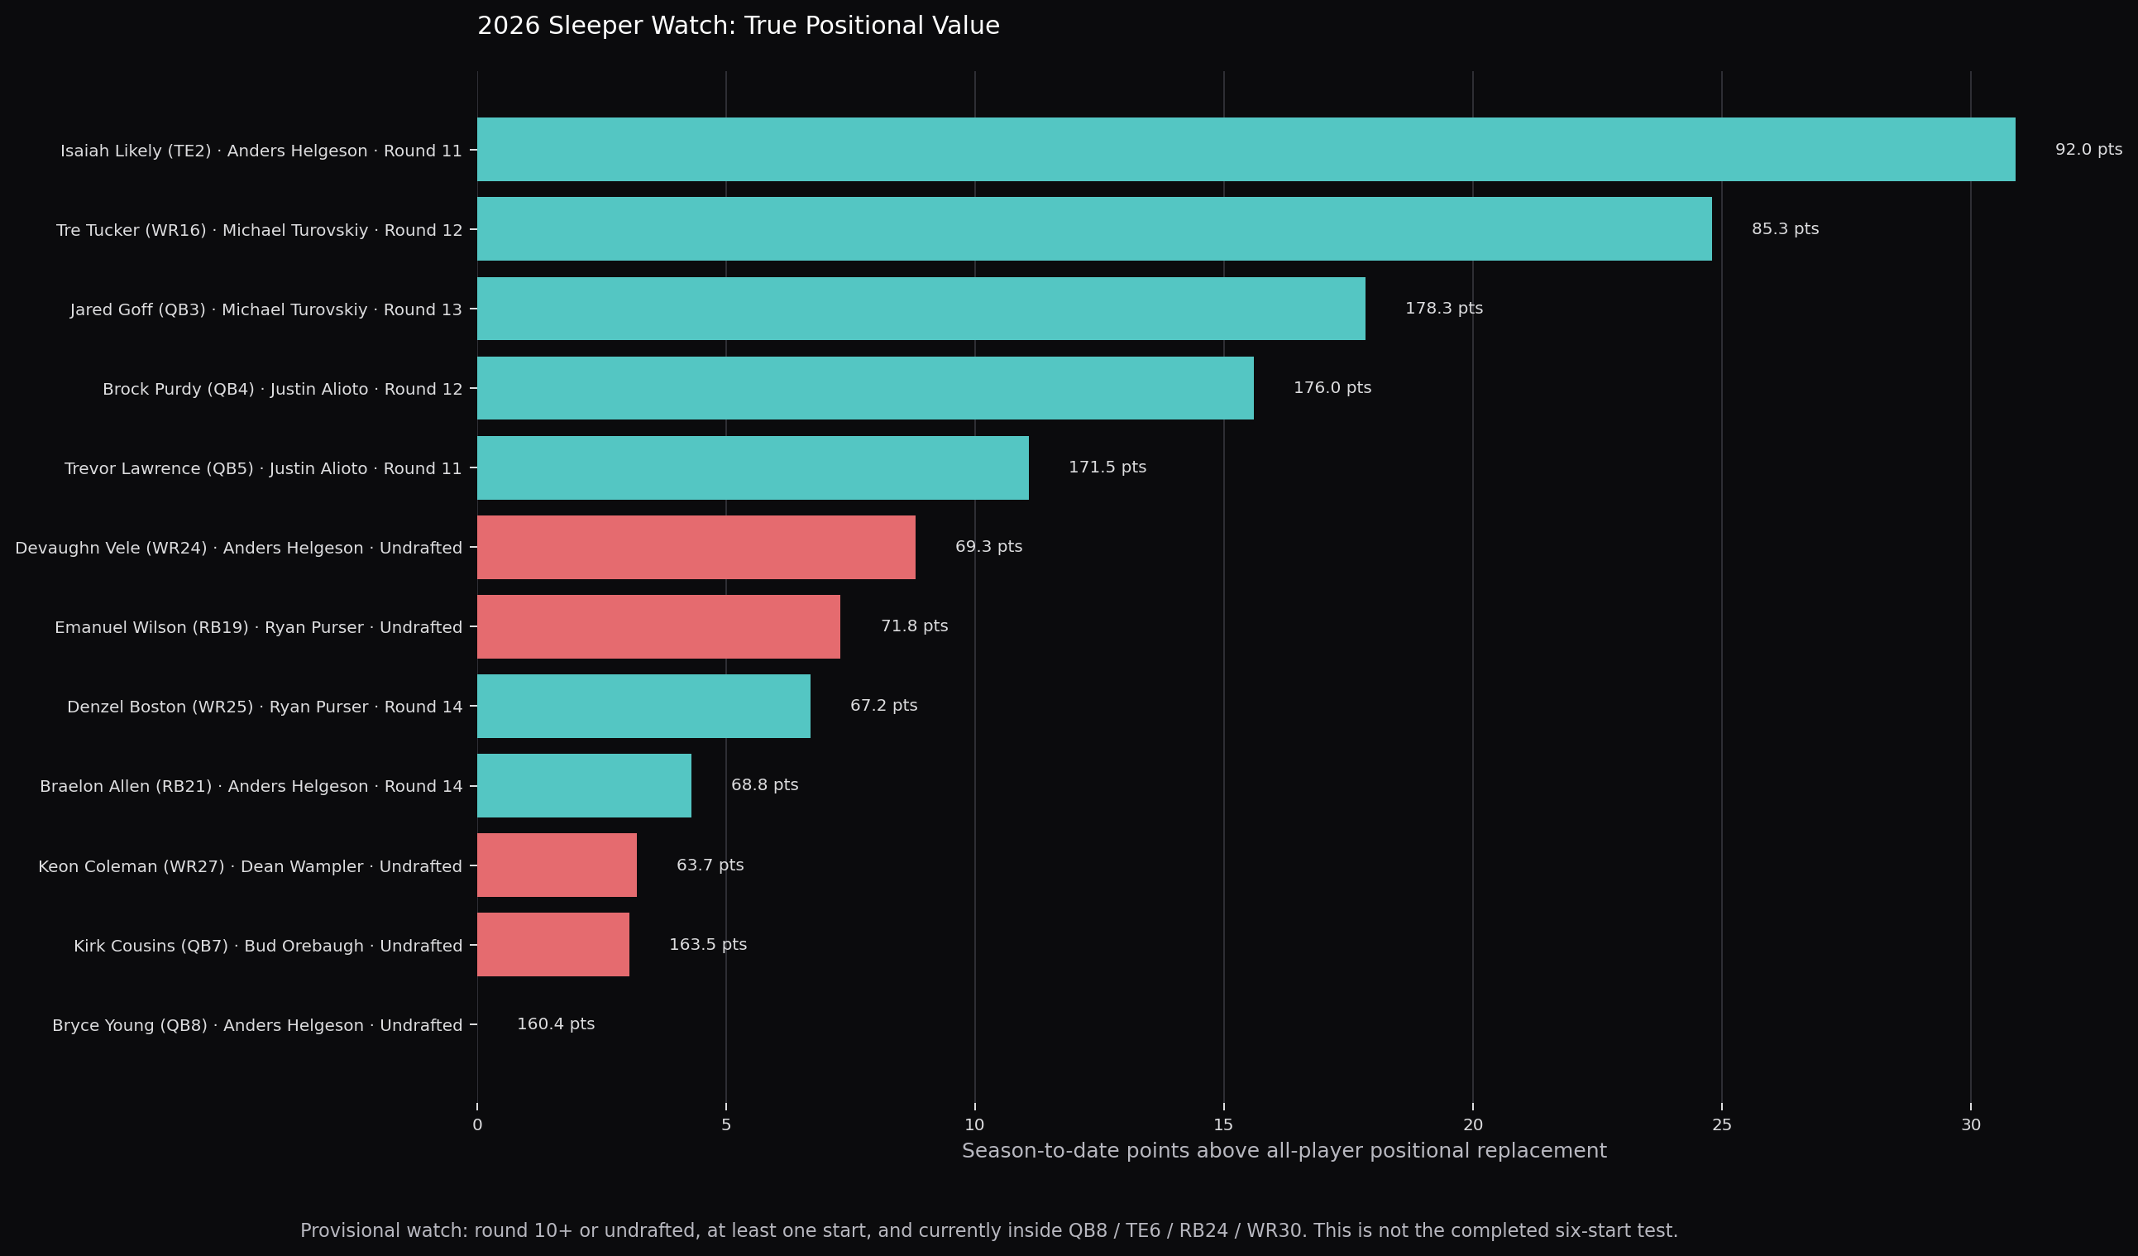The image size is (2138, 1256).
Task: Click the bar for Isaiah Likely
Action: (1246, 150)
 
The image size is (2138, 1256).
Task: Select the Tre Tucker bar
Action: (1094, 229)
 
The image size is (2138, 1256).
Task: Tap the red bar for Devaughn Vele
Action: (696, 548)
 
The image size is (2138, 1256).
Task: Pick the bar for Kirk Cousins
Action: (553, 945)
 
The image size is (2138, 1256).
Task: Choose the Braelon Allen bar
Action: (585, 786)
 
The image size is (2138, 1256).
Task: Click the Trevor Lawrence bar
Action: (753, 467)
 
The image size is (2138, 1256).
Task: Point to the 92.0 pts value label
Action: (2088, 150)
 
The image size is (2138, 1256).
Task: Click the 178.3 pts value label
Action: (1444, 308)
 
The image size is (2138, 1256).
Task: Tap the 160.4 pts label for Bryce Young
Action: (556, 1024)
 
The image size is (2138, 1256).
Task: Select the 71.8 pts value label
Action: (915, 626)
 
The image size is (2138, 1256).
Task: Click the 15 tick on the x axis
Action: (1223, 1125)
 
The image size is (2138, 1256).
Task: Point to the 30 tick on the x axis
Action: (1970, 1125)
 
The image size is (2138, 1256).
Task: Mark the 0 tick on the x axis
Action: (478, 1125)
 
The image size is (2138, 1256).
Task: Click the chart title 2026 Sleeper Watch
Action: (738, 26)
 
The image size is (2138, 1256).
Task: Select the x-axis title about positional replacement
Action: (1284, 1151)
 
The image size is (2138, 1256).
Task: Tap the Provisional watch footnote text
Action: (989, 1230)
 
